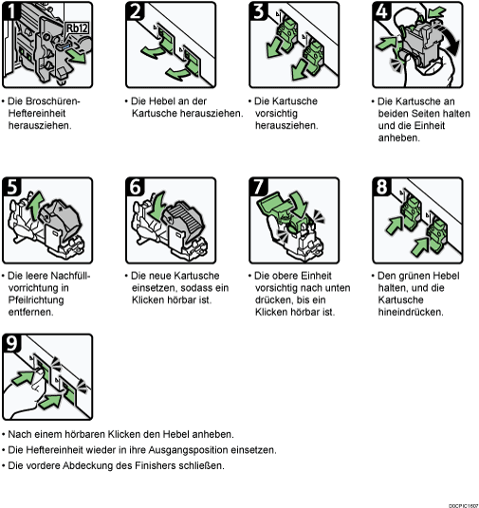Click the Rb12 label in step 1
coord(77,28)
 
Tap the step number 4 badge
coord(381,11)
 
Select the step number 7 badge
coord(258,187)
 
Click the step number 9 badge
coord(11,343)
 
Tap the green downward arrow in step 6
coord(157,205)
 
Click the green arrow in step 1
coord(77,56)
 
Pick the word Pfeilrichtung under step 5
coord(36,300)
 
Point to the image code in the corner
coord(464,505)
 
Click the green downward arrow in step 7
coord(298,204)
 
